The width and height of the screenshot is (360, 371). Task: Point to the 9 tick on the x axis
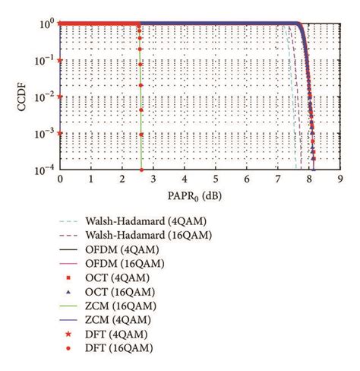click(340, 179)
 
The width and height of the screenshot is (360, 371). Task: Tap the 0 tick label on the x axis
click(60, 179)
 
